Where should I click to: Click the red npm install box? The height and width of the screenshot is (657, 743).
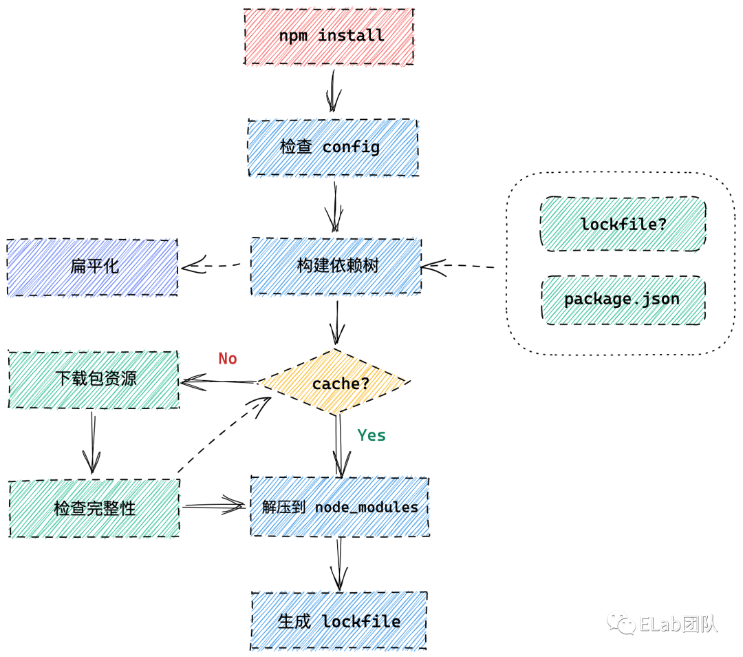pos(329,36)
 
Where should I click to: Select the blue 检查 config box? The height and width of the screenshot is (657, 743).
pos(333,148)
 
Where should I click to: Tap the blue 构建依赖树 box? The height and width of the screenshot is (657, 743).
pos(336,267)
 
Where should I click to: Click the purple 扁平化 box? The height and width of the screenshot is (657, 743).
pos(93,267)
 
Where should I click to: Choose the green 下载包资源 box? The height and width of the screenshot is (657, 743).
pos(94,379)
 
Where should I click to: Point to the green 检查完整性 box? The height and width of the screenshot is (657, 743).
pos(94,509)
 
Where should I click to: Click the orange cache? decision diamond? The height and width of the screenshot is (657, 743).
pos(334,382)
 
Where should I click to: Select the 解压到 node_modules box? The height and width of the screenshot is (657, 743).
pos(339,506)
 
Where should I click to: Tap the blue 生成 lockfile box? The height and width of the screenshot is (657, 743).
pos(338,620)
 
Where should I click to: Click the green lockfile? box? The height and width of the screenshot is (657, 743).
pos(623,225)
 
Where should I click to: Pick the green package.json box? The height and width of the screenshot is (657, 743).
pos(623,300)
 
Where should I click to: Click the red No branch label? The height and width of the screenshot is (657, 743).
pos(228,358)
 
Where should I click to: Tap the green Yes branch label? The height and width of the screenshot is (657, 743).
pos(371,435)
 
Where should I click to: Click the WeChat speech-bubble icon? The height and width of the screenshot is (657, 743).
pos(621,622)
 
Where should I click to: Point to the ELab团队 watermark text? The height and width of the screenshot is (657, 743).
pos(678,624)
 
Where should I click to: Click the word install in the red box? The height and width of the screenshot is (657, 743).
pos(351,36)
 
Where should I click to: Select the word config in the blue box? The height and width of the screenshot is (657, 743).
pos(351,147)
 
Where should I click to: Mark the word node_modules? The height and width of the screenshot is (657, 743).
pos(366,507)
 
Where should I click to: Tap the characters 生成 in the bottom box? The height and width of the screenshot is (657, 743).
pos(295,621)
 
